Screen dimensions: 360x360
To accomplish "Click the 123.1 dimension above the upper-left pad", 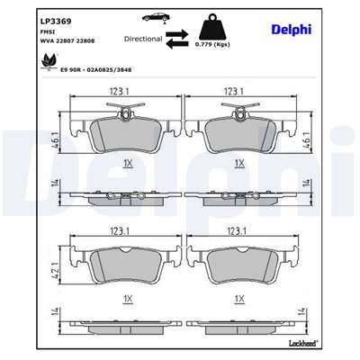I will (121, 91).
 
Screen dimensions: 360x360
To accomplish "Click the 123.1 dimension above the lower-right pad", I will (237, 230).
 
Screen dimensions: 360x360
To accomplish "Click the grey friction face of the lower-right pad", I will (238, 264).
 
